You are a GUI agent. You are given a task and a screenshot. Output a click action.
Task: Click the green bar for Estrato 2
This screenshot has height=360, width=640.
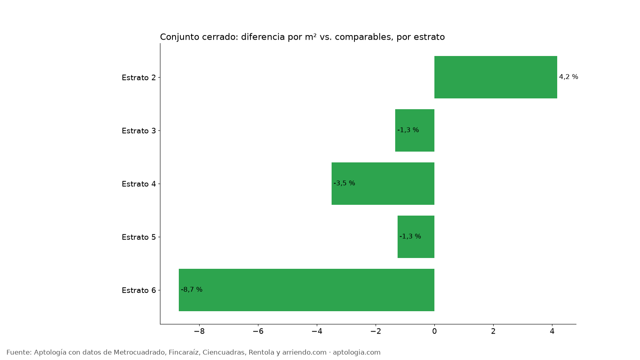(x=496, y=77)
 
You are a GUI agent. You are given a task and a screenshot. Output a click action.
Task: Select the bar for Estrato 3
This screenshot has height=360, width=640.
(x=414, y=130)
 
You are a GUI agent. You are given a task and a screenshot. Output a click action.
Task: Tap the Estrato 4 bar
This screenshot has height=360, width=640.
(x=383, y=184)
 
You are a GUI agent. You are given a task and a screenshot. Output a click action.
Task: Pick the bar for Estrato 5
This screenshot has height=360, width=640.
(x=416, y=236)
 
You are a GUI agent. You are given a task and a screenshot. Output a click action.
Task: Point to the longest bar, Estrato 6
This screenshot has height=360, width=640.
(x=306, y=290)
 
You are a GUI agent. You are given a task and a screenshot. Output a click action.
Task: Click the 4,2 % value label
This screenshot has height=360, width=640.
(x=568, y=76)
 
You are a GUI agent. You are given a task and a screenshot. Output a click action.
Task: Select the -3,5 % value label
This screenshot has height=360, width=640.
(x=344, y=183)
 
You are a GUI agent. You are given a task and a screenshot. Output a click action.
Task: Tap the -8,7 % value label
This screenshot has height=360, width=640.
(x=192, y=290)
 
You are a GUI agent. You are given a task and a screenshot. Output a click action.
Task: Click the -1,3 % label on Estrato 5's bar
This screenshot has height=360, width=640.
(x=410, y=236)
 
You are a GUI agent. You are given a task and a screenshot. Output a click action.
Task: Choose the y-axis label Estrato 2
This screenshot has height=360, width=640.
(x=139, y=78)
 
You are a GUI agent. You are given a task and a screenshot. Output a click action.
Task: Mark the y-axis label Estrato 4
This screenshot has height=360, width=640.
(x=139, y=184)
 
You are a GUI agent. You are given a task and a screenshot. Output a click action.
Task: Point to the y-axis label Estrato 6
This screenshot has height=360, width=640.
(x=139, y=290)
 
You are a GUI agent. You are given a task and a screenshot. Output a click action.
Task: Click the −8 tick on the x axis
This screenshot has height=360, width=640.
(x=199, y=331)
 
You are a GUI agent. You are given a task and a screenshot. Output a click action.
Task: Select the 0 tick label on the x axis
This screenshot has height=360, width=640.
(x=434, y=331)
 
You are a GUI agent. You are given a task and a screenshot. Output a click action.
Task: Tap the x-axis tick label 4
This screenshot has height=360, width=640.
(x=552, y=331)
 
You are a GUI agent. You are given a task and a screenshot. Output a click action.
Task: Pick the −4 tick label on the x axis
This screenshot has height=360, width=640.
(x=317, y=331)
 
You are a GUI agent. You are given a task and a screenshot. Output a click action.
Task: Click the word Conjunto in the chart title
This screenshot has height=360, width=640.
(x=180, y=37)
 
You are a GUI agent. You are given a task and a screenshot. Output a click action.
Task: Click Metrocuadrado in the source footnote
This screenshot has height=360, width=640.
(x=140, y=352)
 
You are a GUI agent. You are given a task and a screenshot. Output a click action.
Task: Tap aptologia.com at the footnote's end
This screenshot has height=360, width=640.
(x=356, y=352)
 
